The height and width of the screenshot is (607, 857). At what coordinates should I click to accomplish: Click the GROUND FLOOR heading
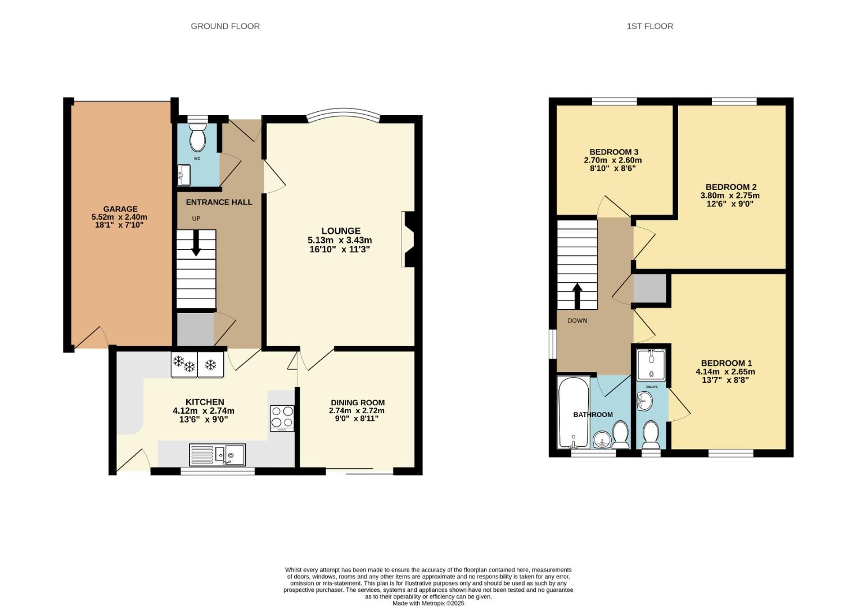click(225, 26)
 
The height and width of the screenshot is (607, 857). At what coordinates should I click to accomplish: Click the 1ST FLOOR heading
click(649, 26)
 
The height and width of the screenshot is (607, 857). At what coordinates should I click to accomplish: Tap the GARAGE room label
click(120, 209)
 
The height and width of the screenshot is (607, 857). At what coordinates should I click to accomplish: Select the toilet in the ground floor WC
click(197, 138)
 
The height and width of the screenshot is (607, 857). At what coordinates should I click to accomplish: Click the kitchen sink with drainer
click(217, 455)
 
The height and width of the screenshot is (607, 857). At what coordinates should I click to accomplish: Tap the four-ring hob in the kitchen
click(282, 418)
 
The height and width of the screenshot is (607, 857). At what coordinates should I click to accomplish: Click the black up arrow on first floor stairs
click(577, 295)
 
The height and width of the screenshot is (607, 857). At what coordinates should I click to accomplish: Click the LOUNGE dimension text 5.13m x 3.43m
click(340, 240)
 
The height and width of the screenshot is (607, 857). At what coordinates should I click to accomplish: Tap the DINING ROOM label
click(358, 402)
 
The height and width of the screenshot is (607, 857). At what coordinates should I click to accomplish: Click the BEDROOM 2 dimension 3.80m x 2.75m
click(729, 196)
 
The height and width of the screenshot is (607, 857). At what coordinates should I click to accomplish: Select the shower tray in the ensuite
click(651, 364)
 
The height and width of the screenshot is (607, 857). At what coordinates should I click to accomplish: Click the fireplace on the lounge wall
click(408, 239)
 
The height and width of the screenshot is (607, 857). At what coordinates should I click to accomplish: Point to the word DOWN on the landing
click(577, 321)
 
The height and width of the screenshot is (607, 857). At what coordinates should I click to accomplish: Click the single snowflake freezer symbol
click(210, 365)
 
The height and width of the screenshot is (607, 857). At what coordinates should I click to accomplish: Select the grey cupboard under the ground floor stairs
click(195, 329)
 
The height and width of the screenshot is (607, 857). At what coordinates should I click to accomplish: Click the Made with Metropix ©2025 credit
click(428, 603)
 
